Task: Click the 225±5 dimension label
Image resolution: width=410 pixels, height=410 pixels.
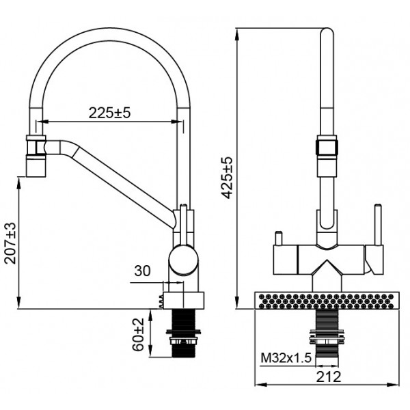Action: pos(109,113)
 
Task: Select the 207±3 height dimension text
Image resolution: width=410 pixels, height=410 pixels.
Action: pos(11,243)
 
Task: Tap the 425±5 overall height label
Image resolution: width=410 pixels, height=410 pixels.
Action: pos(226,178)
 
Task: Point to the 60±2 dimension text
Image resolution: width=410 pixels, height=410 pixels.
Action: pos(138,334)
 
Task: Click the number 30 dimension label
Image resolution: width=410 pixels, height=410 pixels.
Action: pos(143,271)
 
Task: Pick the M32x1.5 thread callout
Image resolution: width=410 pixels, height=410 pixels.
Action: pos(286,358)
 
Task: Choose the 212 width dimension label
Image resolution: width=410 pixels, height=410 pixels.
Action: pos(329,377)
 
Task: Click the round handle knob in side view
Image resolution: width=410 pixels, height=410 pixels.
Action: pos(183,260)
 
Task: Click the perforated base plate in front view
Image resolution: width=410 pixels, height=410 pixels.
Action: pos(327,300)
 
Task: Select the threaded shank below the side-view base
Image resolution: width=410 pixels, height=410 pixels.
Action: pos(184,333)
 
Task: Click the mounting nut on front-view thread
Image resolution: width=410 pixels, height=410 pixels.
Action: pos(327,337)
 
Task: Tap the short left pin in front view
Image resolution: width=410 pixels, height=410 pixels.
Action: pos(279,238)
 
